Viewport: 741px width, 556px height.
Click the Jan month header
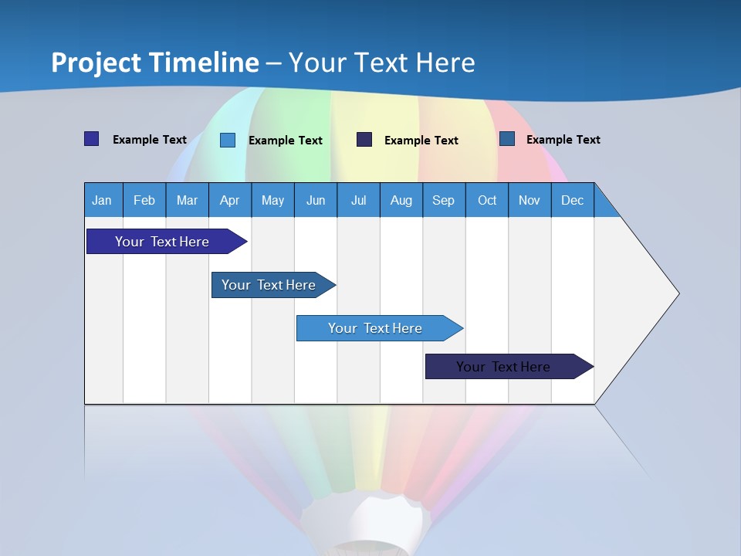click(x=102, y=200)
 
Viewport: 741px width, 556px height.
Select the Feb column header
click(x=144, y=200)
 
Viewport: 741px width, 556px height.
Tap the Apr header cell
click(x=229, y=200)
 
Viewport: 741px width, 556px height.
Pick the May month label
click(x=272, y=200)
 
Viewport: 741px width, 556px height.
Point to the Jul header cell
click(x=358, y=200)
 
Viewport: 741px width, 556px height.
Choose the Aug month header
click(x=401, y=200)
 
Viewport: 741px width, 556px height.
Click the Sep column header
click(x=443, y=200)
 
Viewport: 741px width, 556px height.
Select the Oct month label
click(x=487, y=200)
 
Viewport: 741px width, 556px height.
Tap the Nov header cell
click(x=530, y=200)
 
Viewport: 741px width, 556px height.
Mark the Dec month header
click(x=572, y=200)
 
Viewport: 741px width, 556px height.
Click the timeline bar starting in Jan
click(x=162, y=242)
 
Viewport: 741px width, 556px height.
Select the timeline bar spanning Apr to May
click(x=269, y=285)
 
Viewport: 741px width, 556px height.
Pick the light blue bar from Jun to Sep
click(x=375, y=328)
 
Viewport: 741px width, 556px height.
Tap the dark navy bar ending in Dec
click(x=503, y=367)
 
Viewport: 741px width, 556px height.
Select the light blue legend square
click(x=228, y=140)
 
